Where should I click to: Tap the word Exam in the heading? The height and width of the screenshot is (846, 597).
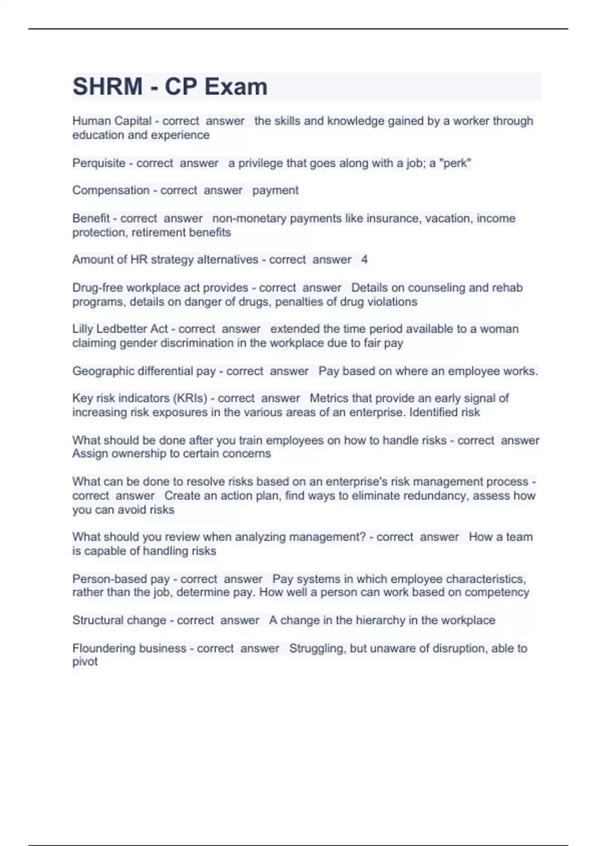coord(236,87)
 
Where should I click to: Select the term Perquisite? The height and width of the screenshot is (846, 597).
coord(99,163)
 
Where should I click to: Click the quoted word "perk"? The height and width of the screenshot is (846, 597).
coord(455,163)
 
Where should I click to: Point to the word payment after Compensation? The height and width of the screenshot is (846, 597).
coord(275,190)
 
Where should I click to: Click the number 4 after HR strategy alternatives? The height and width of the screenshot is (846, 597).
coord(364,259)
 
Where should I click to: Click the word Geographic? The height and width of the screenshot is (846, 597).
coord(101,371)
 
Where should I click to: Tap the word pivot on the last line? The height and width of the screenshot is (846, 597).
coord(85,662)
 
